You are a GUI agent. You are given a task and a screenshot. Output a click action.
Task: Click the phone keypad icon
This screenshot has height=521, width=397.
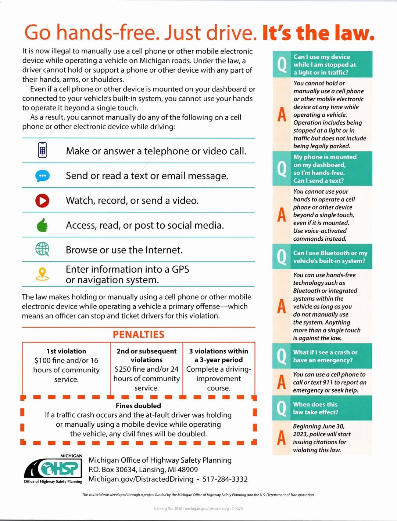pyautogui.click(x=42, y=150)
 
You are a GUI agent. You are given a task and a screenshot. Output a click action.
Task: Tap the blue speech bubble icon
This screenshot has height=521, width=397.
pyautogui.click(x=42, y=176)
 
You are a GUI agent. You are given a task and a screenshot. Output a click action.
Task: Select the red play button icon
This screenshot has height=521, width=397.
pyautogui.click(x=42, y=200)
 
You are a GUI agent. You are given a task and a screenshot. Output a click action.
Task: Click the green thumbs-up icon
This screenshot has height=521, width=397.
pyautogui.click(x=42, y=225)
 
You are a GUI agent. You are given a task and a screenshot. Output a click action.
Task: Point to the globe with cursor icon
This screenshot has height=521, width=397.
pyautogui.click(x=42, y=249)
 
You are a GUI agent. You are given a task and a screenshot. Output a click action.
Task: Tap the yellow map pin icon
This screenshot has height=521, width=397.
pyautogui.click(x=42, y=274)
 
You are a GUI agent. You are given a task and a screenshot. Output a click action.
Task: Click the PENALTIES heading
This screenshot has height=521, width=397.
pyautogui.click(x=138, y=335)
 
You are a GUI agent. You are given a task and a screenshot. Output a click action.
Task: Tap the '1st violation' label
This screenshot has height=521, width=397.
pyautogui.click(x=66, y=351)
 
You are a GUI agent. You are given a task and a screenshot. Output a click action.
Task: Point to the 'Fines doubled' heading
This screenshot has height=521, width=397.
pyautogui.click(x=138, y=406)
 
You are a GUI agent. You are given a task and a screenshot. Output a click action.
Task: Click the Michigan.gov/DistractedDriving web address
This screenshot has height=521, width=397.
pyautogui.click(x=141, y=479)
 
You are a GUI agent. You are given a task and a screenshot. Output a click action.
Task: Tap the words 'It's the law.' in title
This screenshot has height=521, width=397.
pyautogui.click(x=318, y=33)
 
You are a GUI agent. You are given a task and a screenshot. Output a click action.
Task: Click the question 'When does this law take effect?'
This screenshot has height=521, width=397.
pyautogui.click(x=315, y=408)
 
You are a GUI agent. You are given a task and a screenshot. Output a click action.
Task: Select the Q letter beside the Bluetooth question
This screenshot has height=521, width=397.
pyautogui.click(x=282, y=257)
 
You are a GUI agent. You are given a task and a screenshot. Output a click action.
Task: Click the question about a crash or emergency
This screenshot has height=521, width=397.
pyautogui.click(x=325, y=356)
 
